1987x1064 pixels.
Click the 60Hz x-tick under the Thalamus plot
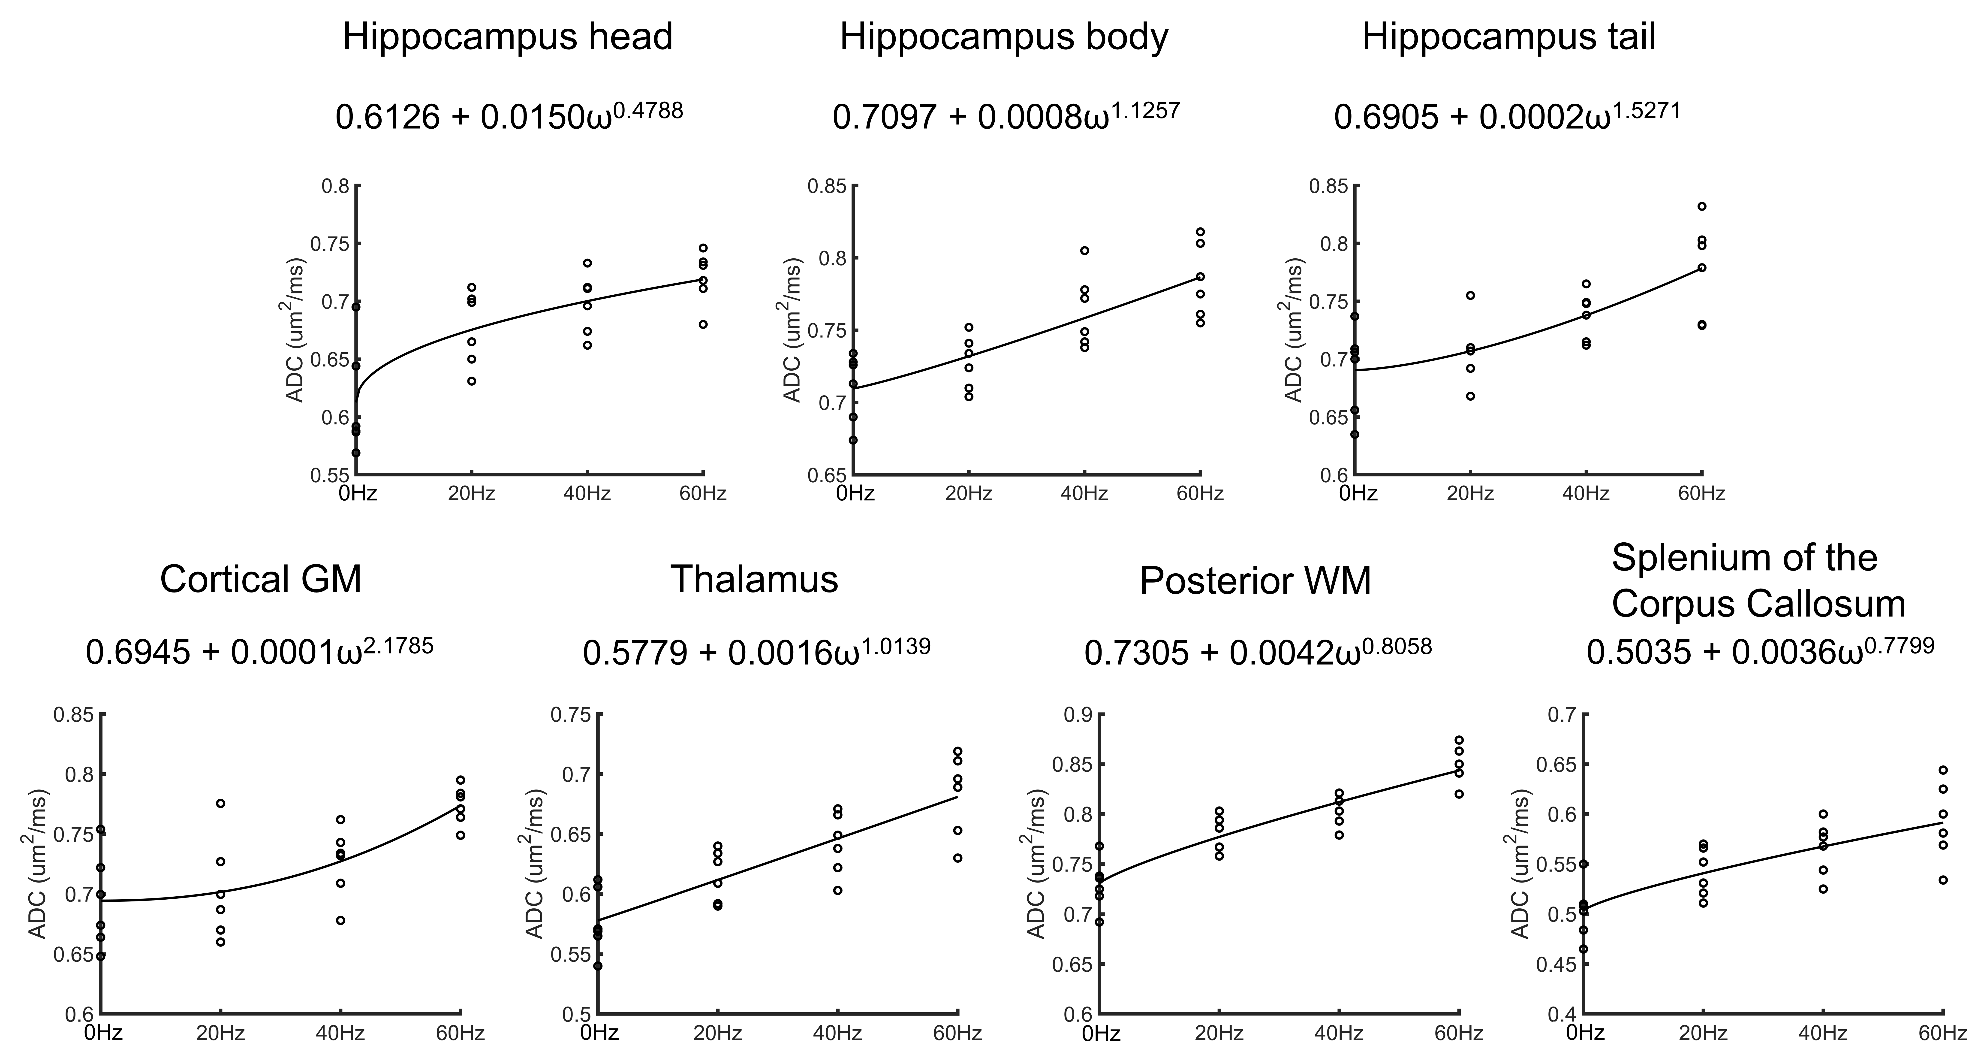[x=958, y=1032]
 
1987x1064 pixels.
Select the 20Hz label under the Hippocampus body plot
[x=969, y=493]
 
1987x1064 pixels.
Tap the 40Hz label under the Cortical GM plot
[x=340, y=1032]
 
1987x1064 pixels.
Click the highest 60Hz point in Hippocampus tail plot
[x=1702, y=206]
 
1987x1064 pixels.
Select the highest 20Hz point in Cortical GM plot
[x=221, y=803]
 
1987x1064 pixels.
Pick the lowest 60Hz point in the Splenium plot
[x=1943, y=880]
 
